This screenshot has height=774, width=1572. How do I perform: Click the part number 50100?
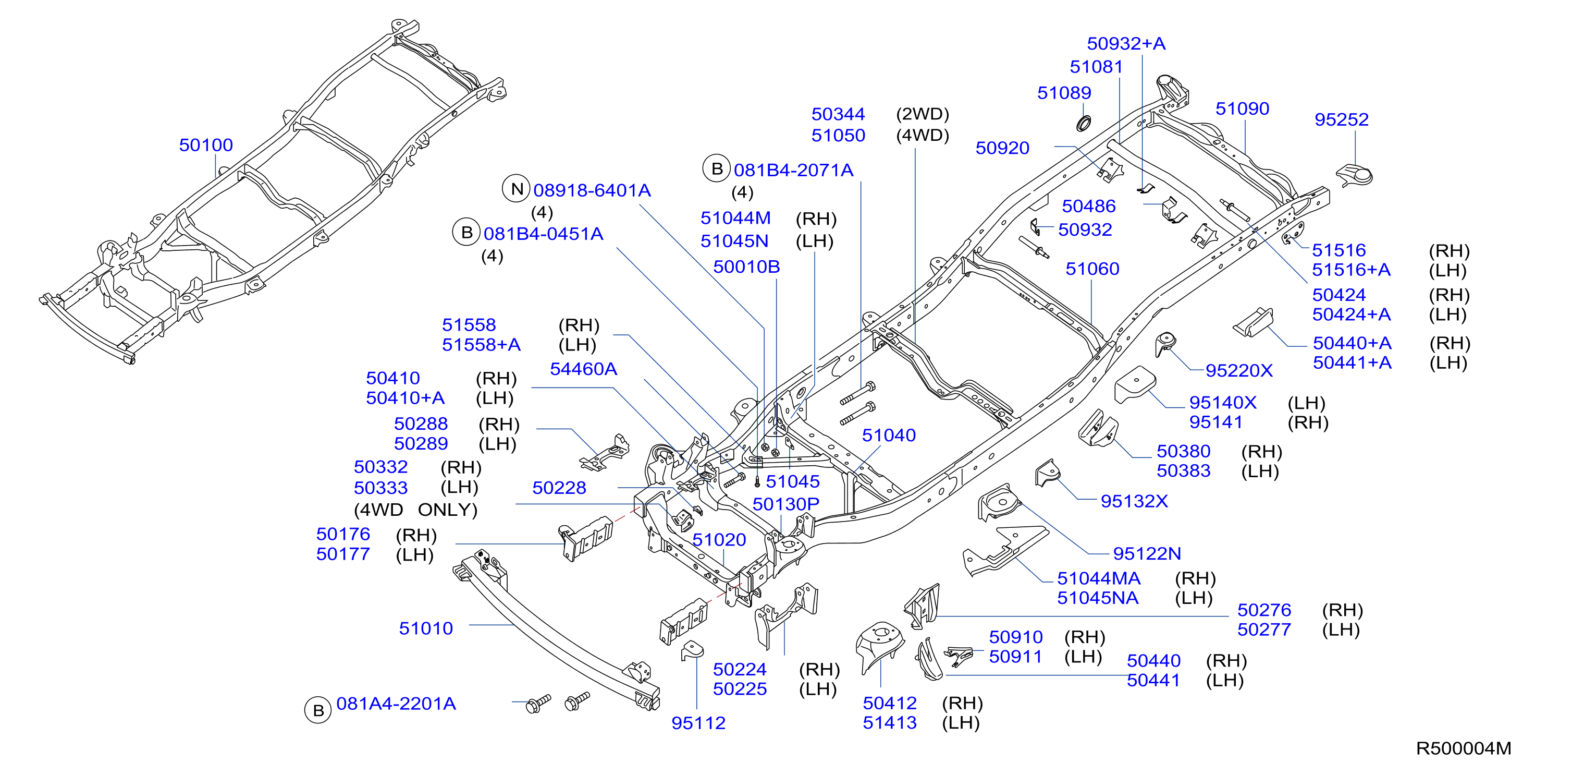pyautogui.click(x=206, y=146)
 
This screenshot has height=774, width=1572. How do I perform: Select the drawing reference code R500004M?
pyautogui.click(x=1464, y=748)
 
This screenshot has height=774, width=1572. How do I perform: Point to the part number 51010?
pyautogui.click(x=426, y=628)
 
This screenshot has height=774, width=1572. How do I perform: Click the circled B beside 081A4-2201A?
pyautogui.click(x=318, y=710)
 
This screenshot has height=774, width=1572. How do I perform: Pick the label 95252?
pyautogui.click(x=1341, y=119)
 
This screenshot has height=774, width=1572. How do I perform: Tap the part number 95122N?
pyautogui.click(x=1147, y=554)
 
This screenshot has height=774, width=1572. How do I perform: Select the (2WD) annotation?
pyautogui.click(x=922, y=114)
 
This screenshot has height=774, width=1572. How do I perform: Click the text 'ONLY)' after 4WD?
pyautogui.click(x=448, y=510)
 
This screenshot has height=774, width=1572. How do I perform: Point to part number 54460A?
pyautogui.click(x=583, y=369)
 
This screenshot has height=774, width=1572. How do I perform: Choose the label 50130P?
pyautogui.click(x=786, y=504)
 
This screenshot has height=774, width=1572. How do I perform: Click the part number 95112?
pyautogui.click(x=698, y=723)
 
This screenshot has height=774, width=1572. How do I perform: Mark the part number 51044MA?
pyautogui.click(x=1098, y=578)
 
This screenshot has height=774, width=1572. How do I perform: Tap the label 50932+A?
pyautogui.click(x=1126, y=44)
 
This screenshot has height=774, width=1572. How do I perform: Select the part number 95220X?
pyautogui.click(x=1239, y=371)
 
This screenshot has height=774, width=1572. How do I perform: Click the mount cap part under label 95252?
pyautogui.click(x=1355, y=176)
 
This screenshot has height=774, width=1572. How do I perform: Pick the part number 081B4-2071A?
pyautogui.click(x=793, y=171)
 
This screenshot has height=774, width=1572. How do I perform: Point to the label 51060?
pyautogui.click(x=1092, y=269)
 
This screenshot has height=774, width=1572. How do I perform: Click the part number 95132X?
pyautogui.click(x=1134, y=502)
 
